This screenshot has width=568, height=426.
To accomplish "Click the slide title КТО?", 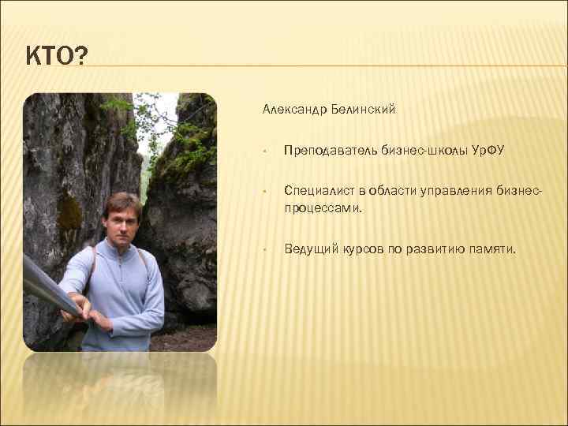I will pos(57,57).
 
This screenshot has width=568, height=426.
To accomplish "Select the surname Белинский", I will pos(364,110).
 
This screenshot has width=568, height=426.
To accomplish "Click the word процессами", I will pos(323,209).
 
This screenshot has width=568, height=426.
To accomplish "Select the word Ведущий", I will pos(312,249).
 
